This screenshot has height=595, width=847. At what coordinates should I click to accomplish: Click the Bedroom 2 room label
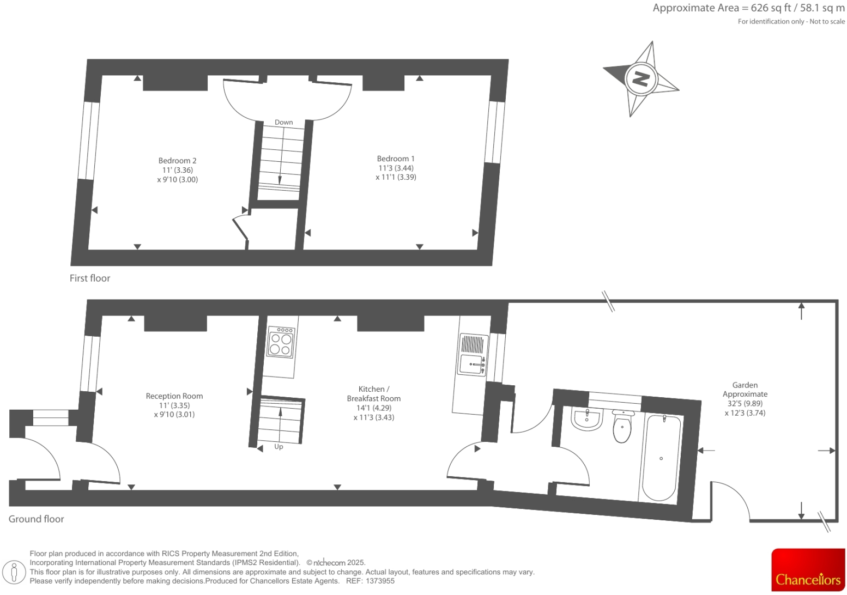(x=177, y=161)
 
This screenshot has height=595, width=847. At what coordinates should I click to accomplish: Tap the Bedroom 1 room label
(x=396, y=159)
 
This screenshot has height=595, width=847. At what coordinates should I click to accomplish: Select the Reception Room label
(x=174, y=396)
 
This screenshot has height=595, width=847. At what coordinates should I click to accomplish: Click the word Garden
(x=745, y=385)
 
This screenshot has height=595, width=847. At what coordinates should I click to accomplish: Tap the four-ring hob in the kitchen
(x=281, y=343)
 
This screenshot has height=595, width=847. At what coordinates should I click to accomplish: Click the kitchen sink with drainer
(x=472, y=355)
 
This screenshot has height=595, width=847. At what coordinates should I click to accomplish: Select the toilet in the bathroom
(x=622, y=426)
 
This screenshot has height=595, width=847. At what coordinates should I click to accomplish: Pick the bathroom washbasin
(x=586, y=419)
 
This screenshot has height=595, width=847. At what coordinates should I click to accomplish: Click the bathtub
(x=661, y=458)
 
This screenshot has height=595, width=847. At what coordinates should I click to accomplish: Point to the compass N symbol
(x=640, y=78)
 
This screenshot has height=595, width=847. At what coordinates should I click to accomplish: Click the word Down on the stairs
(x=283, y=122)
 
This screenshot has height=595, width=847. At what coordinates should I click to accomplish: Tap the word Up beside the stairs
(x=279, y=446)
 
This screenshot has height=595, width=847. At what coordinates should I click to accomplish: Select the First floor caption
(x=90, y=278)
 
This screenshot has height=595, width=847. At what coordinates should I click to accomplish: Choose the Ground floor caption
(x=36, y=519)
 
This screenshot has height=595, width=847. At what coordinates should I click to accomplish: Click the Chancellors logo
(x=808, y=570)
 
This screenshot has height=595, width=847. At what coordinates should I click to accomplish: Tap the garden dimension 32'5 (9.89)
(x=745, y=403)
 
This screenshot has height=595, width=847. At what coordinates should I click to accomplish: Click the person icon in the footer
(x=15, y=572)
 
